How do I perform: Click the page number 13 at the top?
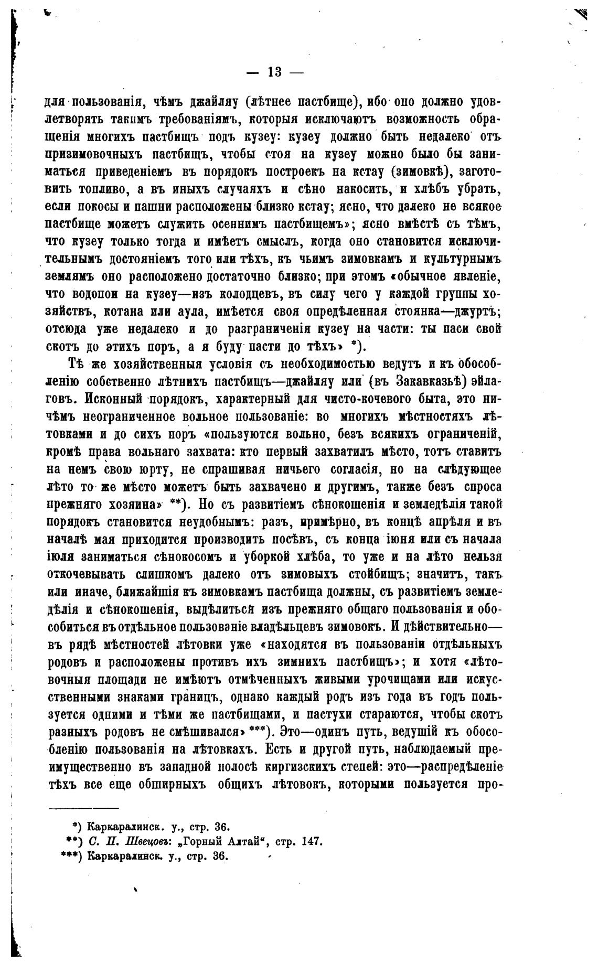(x=274, y=72)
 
